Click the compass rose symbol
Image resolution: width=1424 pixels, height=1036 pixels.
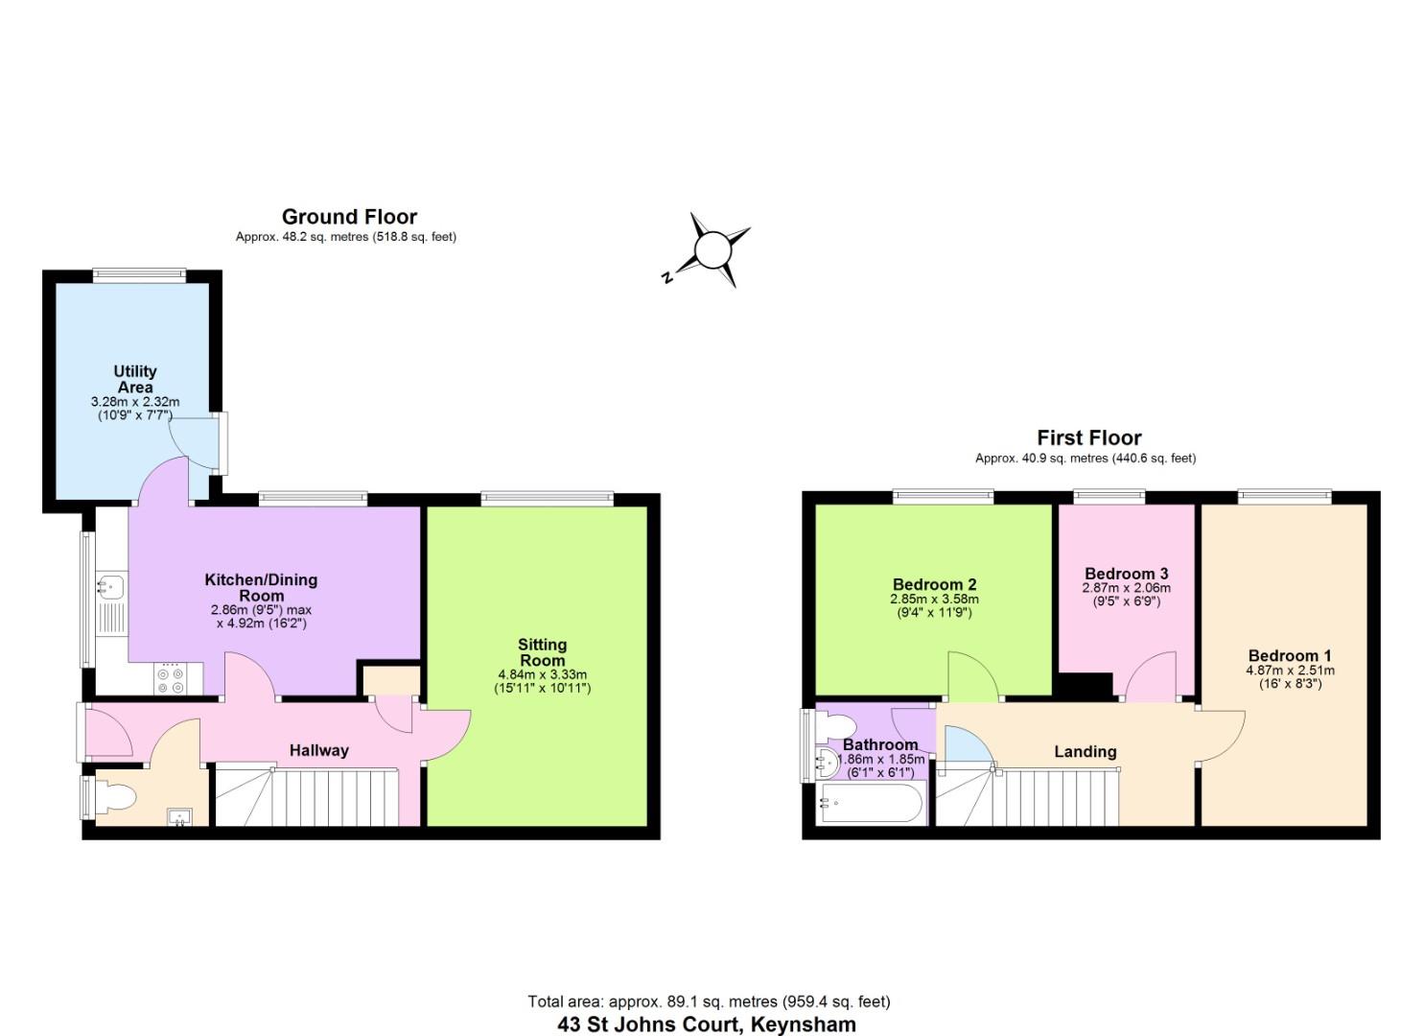pyautogui.click(x=712, y=250)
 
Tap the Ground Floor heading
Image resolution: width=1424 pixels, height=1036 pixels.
pyautogui.click(x=349, y=217)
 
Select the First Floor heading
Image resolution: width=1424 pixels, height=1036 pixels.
pyautogui.click(x=1088, y=438)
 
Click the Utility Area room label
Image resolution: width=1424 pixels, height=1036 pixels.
pyautogui.click(x=135, y=379)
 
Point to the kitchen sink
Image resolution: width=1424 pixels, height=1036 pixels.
pyautogui.click(x=111, y=584)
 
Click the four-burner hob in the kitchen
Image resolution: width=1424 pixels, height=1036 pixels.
pyautogui.click(x=171, y=679)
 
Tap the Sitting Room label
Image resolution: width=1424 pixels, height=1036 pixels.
pyautogui.click(x=542, y=652)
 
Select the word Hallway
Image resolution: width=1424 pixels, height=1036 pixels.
pyautogui.click(x=319, y=750)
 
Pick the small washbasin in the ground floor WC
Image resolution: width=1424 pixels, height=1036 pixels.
pyautogui.click(x=179, y=817)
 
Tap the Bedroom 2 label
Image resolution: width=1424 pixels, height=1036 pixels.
pyautogui.click(x=934, y=584)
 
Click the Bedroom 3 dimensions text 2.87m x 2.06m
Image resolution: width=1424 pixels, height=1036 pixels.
pyautogui.click(x=1126, y=588)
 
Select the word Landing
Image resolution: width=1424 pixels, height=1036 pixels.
pyautogui.click(x=1086, y=751)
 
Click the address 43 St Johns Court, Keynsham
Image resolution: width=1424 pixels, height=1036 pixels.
pyautogui.click(x=707, y=1024)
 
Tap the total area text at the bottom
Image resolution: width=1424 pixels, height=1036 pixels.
pyautogui.click(x=709, y=1001)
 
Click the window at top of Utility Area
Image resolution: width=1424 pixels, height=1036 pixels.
pyautogui.click(x=139, y=275)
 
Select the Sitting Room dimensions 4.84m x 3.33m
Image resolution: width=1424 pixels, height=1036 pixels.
pyautogui.click(x=542, y=674)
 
